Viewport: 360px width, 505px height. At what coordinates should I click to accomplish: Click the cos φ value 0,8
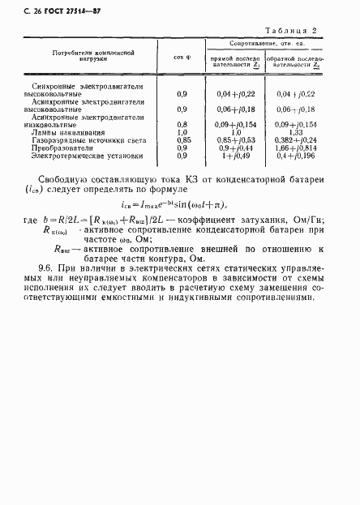click(x=182, y=124)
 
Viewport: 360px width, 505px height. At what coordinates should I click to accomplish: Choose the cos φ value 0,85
click(x=182, y=139)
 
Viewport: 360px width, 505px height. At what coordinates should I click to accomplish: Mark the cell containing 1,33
click(x=300, y=132)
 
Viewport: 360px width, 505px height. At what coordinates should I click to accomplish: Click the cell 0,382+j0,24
click(x=301, y=139)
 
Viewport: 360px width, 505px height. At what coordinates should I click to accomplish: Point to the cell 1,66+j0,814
click(x=301, y=148)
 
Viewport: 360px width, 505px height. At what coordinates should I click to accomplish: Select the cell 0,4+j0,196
click(x=301, y=156)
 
